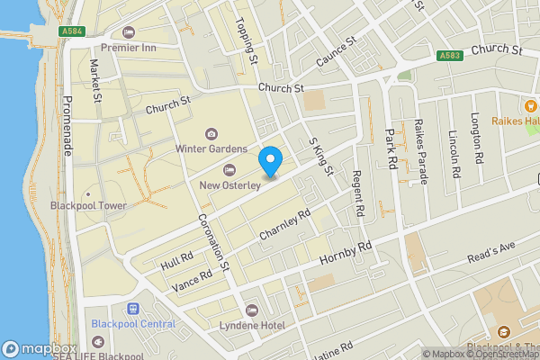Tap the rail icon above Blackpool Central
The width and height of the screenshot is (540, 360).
133,309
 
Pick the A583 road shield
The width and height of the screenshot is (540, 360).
451,55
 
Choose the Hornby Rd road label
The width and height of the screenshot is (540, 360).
346,255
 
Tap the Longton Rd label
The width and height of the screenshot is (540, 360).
478,135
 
